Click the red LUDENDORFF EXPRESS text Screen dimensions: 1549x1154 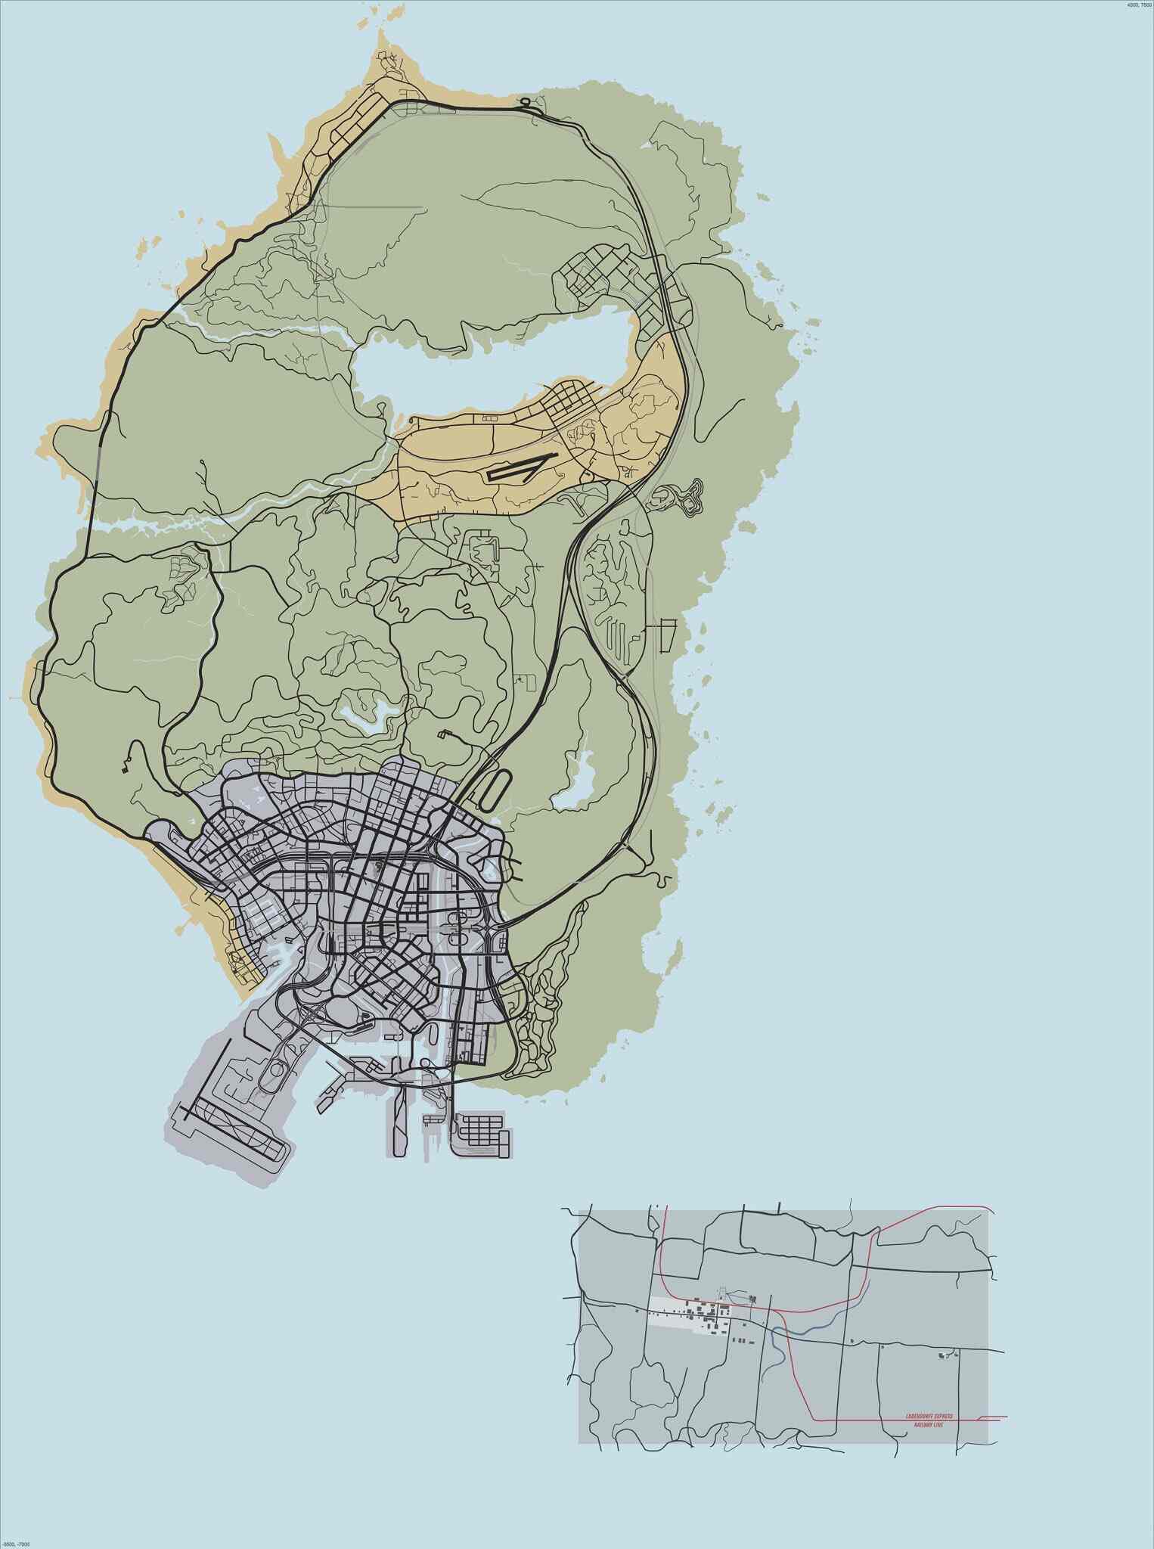[x=929, y=1416]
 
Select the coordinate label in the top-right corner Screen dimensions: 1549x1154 [x=1139, y=5]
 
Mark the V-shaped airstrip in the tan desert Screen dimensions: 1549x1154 [x=521, y=467]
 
